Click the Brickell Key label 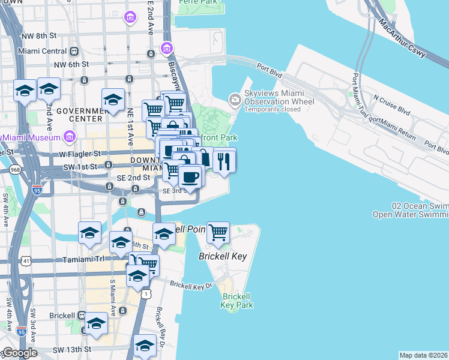tap(223, 256)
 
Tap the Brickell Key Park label tap(237, 301)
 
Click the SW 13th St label tap(72, 349)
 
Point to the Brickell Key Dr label tap(191, 286)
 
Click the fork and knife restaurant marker tap(224, 161)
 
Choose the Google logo tap(19, 353)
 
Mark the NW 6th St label tap(71, 64)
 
